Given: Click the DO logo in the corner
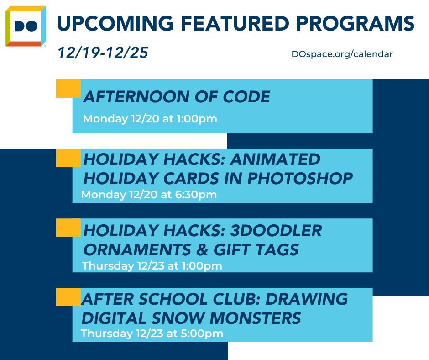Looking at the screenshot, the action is [x=26, y=26].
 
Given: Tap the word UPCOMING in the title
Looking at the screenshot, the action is [x=115, y=23].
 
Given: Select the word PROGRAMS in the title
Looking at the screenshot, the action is [x=356, y=23].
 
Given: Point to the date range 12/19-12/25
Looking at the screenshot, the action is [x=103, y=53].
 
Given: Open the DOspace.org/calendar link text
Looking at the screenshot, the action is [x=342, y=54].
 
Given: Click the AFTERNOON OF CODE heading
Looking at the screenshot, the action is [x=177, y=97].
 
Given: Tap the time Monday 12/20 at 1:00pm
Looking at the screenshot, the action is [x=150, y=119].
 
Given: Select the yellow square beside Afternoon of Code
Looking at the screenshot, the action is [x=68, y=89].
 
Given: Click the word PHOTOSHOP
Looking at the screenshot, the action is [x=300, y=178].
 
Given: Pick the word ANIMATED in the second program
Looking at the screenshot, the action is [x=275, y=159].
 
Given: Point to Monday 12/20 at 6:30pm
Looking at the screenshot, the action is [x=149, y=195].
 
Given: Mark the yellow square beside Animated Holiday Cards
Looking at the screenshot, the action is [x=68, y=158].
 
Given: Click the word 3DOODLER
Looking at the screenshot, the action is [x=276, y=230].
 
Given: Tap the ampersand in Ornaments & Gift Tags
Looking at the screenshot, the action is [x=202, y=249].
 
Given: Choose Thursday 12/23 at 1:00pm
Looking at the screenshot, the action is [x=152, y=266].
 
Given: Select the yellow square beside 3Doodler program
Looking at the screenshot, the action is [x=68, y=228].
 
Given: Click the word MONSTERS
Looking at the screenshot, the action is [x=255, y=318].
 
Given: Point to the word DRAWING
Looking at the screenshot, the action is [x=307, y=299].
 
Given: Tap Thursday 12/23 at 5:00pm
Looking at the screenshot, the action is [x=152, y=334].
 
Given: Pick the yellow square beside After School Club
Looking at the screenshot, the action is [x=68, y=297].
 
